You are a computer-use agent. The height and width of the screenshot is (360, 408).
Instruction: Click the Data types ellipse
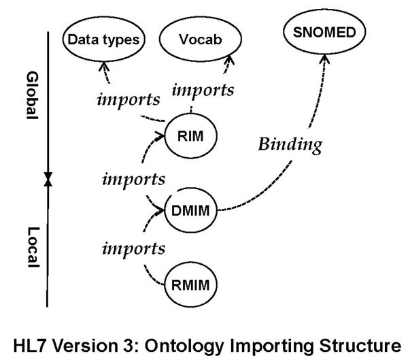coord(104,39)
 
